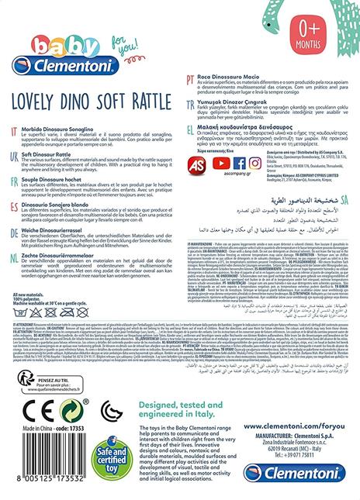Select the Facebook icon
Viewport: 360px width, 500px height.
(x=238, y=164)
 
